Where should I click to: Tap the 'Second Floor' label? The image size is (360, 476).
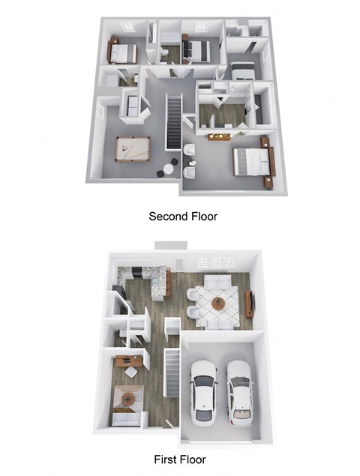pyautogui.click(x=183, y=217)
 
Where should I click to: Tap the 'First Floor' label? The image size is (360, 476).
pyautogui.click(x=179, y=460)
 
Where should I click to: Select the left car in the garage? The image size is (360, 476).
pyautogui.click(x=203, y=391)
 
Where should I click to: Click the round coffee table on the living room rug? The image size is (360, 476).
pyautogui.click(x=218, y=303)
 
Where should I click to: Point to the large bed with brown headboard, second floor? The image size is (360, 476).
pyautogui.click(x=252, y=160)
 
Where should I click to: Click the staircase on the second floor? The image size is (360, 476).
pyautogui.click(x=174, y=122)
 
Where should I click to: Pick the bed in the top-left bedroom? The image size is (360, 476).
pyautogui.click(x=123, y=52)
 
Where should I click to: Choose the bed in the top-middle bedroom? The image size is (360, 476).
pyautogui.click(x=197, y=50)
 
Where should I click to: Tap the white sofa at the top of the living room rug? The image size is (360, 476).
pyautogui.click(x=218, y=283)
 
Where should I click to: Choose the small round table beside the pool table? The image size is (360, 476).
pyautogui.click(x=161, y=172)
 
